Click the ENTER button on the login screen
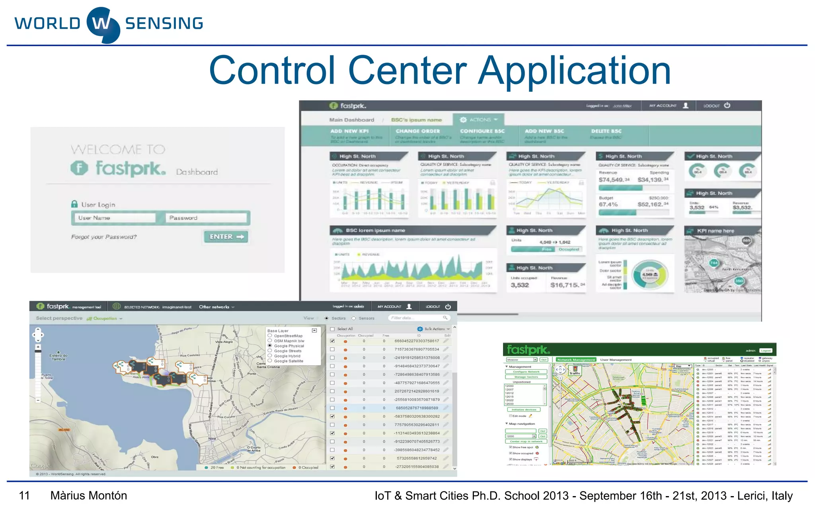point(226,237)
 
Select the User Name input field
point(116,218)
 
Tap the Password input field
point(206,218)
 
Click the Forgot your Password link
point(104,237)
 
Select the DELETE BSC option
point(606,131)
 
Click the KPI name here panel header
point(715,231)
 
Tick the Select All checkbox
point(332,329)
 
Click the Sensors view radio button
point(353,318)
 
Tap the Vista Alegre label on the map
point(224,342)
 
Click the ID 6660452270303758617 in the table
point(416,341)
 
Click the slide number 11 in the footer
point(24,496)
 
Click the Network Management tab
point(576,360)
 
